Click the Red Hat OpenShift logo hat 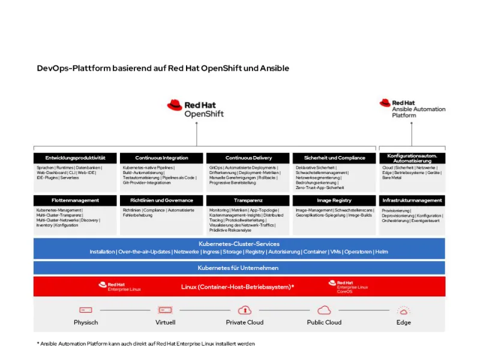coord(175,105)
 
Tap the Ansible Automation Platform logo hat coord(385,103)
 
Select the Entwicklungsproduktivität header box coord(76,158)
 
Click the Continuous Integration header coord(161,158)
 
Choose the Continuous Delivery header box coord(248,158)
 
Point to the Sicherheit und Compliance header coord(334,158)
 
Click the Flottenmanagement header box coord(76,200)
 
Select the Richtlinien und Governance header coord(161,200)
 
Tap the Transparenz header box coord(248,200)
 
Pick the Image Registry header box coord(334,200)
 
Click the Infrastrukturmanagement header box coord(412,200)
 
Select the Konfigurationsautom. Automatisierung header coord(412,158)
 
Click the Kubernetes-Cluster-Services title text coord(239,244)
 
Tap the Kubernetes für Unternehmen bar coord(239,268)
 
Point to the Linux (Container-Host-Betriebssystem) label coord(238,287)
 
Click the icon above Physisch coord(86,310)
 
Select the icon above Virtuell coord(165,310)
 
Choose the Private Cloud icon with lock coord(244,310)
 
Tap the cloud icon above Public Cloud coord(324,310)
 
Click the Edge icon coord(403,310)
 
